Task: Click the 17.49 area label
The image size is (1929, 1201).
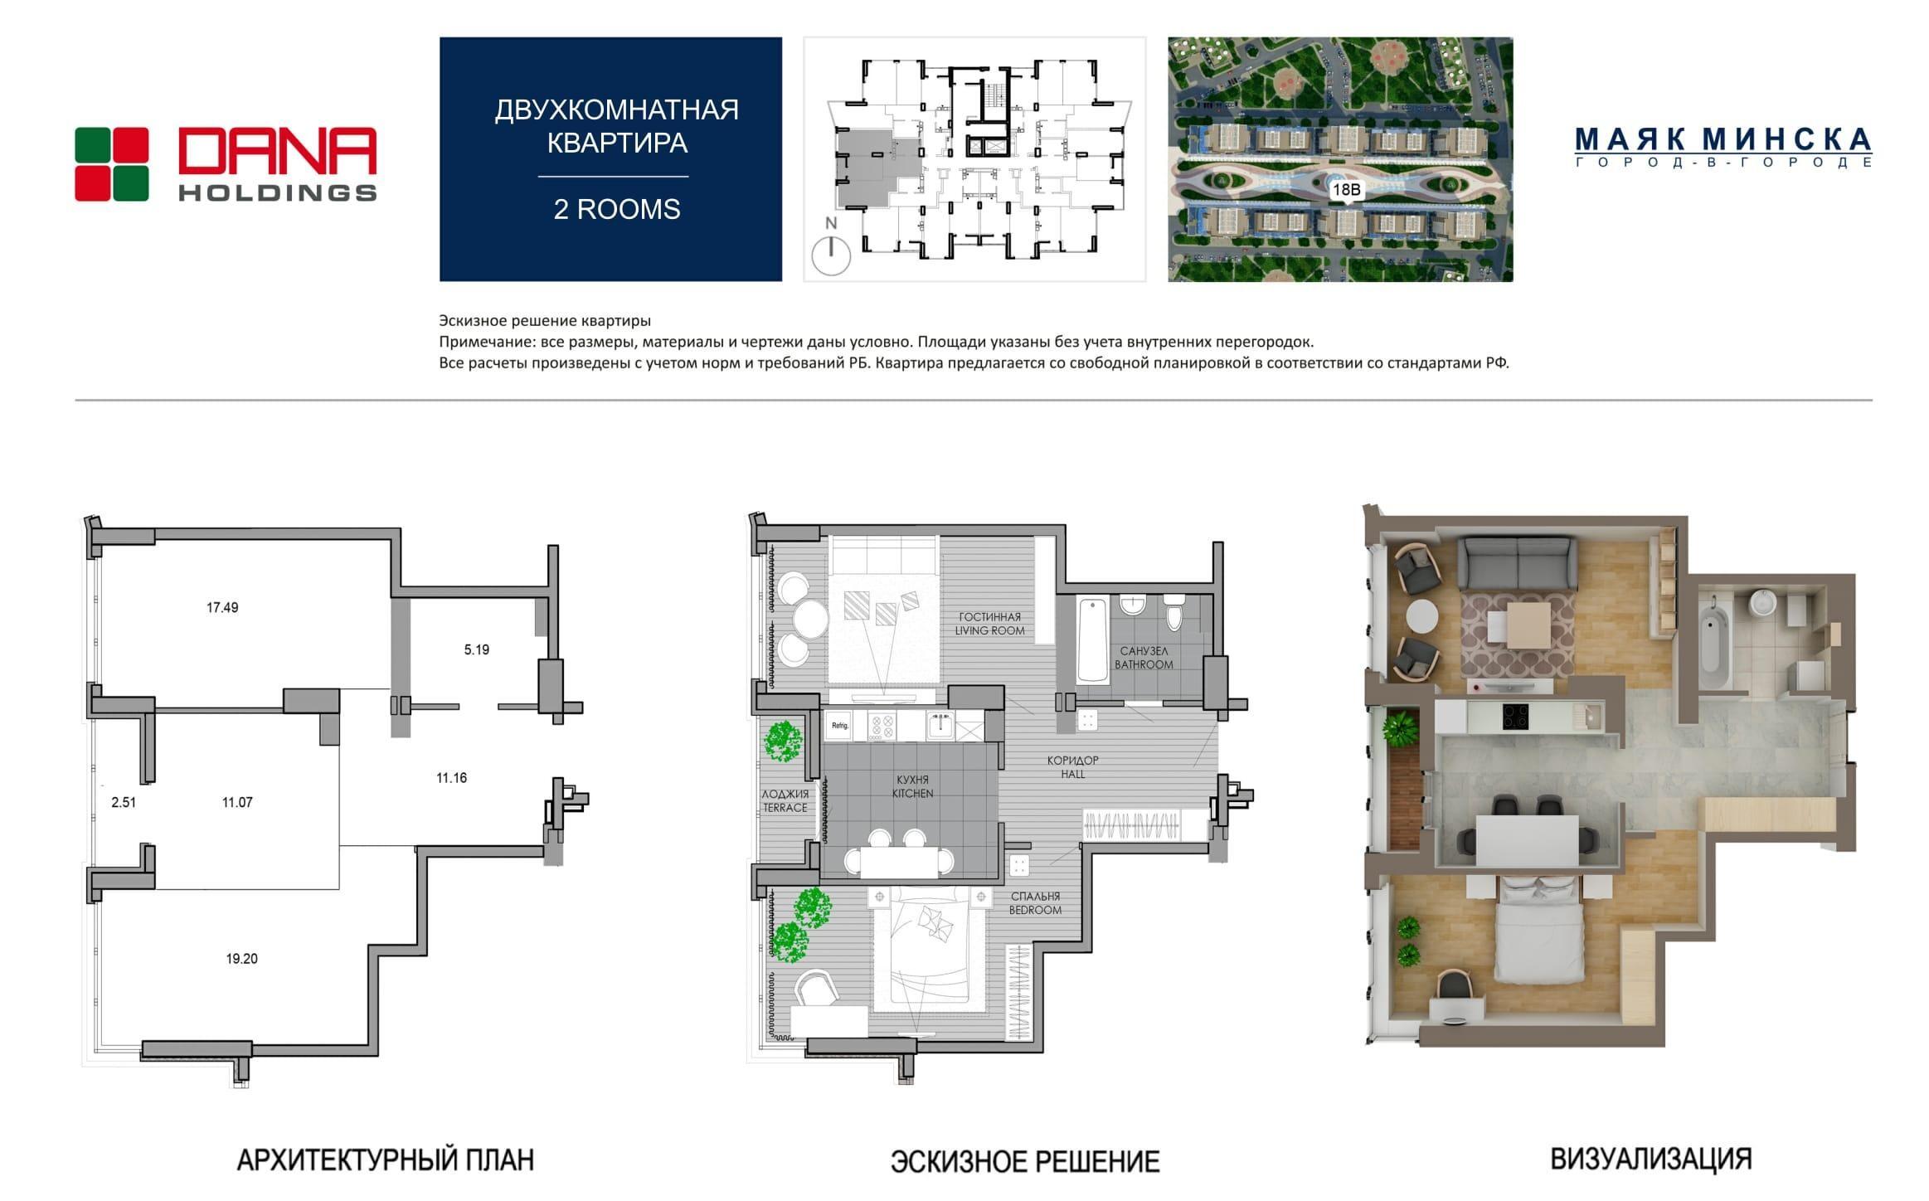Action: click(x=222, y=607)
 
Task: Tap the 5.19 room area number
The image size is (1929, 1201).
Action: click(x=476, y=649)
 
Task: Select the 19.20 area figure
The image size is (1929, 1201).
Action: click(x=241, y=958)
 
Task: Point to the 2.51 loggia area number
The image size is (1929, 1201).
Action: click(x=124, y=802)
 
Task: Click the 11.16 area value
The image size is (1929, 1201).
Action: click(x=451, y=777)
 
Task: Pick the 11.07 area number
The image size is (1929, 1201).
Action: click(x=237, y=802)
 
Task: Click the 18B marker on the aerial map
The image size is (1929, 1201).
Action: click(x=1345, y=190)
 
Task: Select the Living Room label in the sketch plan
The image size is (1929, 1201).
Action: click(x=989, y=624)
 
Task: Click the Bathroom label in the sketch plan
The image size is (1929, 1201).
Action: click(x=1144, y=658)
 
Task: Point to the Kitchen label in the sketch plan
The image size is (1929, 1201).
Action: click(x=912, y=786)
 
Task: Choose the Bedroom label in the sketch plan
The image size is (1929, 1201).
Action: click(x=1035, y=903)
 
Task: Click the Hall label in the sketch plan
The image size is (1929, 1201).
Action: click(x=1072, y=767)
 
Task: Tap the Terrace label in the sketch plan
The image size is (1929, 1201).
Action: click(x=785, y=800)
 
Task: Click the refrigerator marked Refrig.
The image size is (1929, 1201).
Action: click(x=840, y=726)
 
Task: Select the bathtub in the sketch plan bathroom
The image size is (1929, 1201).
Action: click(x=1093, y=641)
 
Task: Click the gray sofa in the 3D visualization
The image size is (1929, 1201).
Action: click(x=1517, y=562)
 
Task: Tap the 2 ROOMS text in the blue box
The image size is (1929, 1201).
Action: click(x=617, y=209)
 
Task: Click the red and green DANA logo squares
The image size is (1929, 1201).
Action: click(x=112, y=164)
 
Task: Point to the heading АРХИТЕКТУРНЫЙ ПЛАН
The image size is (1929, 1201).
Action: click(x=386, y=1160)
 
